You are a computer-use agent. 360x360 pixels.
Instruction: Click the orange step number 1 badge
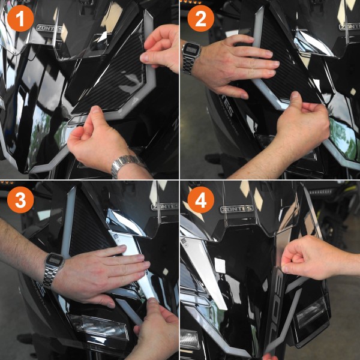20,19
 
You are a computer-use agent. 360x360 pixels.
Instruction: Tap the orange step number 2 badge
200,19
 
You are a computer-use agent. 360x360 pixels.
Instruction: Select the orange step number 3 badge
20,200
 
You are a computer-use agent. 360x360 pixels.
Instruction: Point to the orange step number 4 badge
200,200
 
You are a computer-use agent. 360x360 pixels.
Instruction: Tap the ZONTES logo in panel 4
236,209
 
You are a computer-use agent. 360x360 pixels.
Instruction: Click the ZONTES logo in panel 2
350,26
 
